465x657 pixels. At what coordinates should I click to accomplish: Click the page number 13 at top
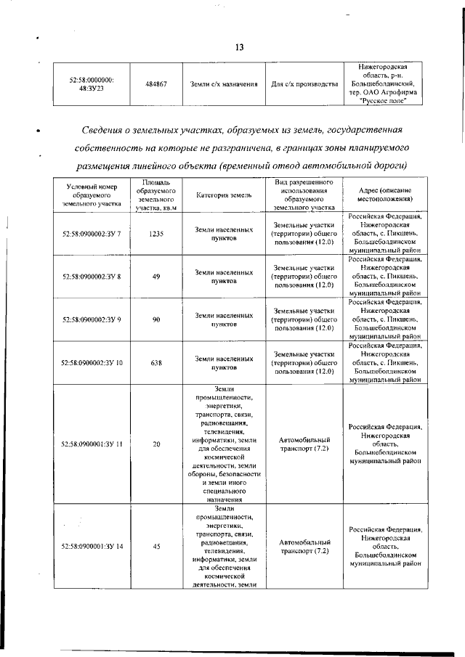pos(238,47)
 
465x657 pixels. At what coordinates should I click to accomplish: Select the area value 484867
pos(156,84)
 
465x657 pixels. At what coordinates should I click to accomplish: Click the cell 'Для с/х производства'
pos(304,84)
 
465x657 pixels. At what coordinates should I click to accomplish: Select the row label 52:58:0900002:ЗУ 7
pos(92,234)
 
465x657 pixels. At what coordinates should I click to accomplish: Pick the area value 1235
pos(156,234)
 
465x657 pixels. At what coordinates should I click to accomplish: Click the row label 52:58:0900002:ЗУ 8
pos(92,277)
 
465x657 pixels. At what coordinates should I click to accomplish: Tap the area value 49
pos(156,277)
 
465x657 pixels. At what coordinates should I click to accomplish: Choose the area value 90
pos(156,319)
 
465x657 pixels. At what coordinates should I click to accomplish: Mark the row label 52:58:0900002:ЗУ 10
pos(92,362)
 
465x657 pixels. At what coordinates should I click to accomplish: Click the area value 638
pos(156,362)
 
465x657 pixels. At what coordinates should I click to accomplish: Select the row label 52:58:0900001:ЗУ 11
pos(92,444)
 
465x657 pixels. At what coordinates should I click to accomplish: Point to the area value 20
pos(156,444)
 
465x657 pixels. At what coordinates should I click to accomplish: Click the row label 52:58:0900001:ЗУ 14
pos(92,547)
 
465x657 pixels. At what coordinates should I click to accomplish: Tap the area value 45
pos(156,547)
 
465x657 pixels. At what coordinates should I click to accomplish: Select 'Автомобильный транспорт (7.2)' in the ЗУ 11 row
pos(304,444)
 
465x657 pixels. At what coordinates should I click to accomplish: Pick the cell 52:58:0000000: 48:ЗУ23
pos(92,84)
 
